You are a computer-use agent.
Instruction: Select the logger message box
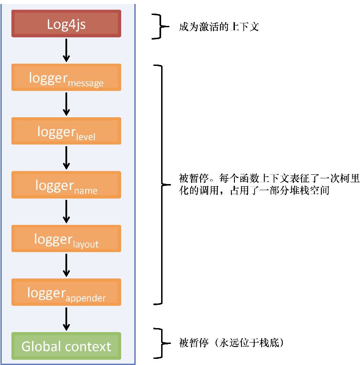pyautogui.click(x=66, y=78)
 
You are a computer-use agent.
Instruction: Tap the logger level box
pyautogui.click(x=66, y=131)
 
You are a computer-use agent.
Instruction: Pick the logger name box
pyautogui.click(x=66, y=184)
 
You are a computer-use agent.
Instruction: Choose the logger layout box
pyautogui.click(x=66, y=239)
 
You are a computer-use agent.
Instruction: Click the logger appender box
pyautogui.click(x=66, y=292)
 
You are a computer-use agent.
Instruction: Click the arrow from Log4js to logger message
pyautogui.click(x=66, y=50)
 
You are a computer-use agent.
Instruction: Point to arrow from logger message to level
pyautogui.click(x=66, y=104)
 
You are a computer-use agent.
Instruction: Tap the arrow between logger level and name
pyautogui.click(x=66, y=158)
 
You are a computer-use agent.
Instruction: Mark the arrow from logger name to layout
pyautogui.click(x=66, y=211)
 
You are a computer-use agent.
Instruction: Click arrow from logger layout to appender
pyautogui.click(x=66, y=265)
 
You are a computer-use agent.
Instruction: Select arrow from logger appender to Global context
pyautogui.click(x=66, y=318)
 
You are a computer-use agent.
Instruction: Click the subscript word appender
pyautogui.click(x=86, y=298)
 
